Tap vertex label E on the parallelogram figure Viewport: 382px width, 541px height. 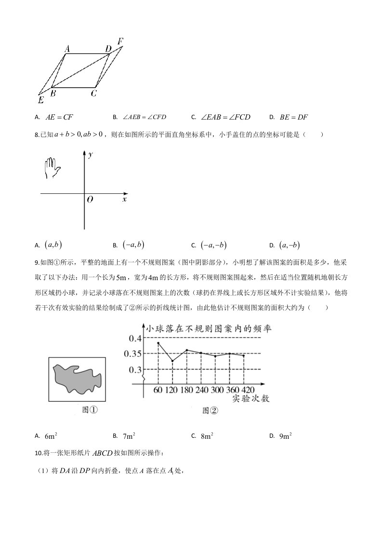pos(41,100)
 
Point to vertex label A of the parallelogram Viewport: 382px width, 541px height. pos(67,48)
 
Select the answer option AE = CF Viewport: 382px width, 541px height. pos(59,117)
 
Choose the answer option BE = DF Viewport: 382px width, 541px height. pos(293,117)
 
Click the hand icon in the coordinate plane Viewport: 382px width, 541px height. pos(52,168)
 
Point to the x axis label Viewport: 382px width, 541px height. pos(125,199)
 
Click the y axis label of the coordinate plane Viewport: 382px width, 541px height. pos(91,154)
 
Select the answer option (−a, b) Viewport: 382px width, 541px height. pos(133,245)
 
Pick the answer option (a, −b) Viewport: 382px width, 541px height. pos(289,245)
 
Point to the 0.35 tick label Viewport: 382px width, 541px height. pos(132,354)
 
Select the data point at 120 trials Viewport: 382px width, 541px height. pos(172,361)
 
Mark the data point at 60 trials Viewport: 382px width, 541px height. pos(158,343)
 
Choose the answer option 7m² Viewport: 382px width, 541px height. pos(129,436)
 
